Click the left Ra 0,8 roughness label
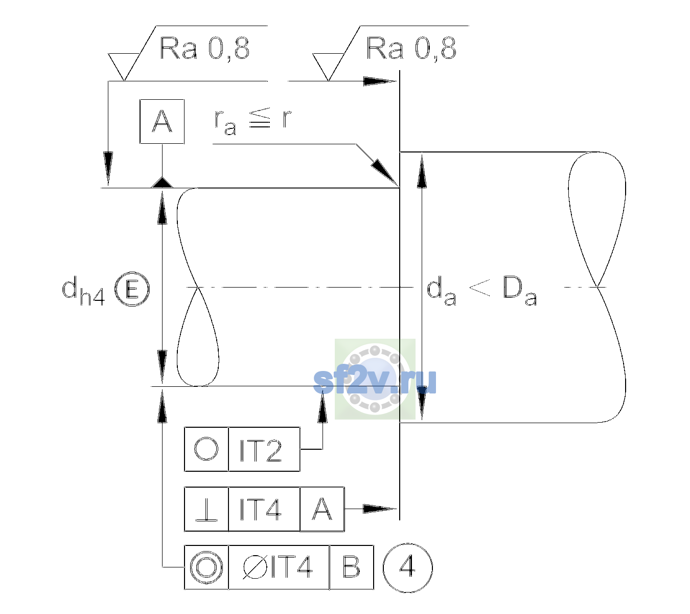point(204,49)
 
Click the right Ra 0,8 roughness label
point(411,49)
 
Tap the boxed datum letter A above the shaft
point(162,122)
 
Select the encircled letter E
point(132,289)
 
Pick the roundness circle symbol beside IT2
point(206,449)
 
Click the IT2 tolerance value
point(261,450)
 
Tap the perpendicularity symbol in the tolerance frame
point(206,509)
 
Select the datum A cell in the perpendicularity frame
point(322,509)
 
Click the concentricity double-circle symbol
point(206,568)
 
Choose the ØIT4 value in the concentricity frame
point(278,567)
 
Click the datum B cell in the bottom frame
point(352,567)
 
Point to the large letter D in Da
point(513,287)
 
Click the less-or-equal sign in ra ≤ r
point(260,118)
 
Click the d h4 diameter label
point(83,291)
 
